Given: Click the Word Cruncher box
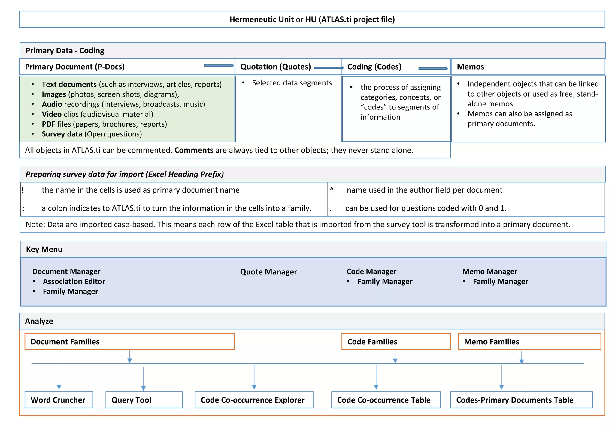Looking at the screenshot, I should point(59,400).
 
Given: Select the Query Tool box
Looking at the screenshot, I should point(144,400).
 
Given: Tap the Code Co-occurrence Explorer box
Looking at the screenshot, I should point(254,400).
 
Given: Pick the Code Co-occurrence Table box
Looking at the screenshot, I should point(386,400).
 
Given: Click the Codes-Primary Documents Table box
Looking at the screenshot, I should point(521,400).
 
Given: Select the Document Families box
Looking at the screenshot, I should point(129,342).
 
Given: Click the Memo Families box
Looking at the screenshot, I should point(529,342).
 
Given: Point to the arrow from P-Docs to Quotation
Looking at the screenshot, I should point(219,66).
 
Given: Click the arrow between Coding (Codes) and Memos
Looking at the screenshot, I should point(433,69).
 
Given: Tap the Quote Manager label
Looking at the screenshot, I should point(268,272).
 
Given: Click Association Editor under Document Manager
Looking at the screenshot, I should point(74,281).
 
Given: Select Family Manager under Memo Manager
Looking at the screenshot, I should point(500,281).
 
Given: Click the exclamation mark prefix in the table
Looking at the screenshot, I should point(23,190).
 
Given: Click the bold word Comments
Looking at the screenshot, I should point(194,150).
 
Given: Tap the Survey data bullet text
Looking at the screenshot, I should point(92,134).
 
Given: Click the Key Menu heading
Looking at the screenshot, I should point(44,249).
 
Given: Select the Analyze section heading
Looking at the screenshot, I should point(39,321).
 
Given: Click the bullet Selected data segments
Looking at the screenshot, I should point(292,83).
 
